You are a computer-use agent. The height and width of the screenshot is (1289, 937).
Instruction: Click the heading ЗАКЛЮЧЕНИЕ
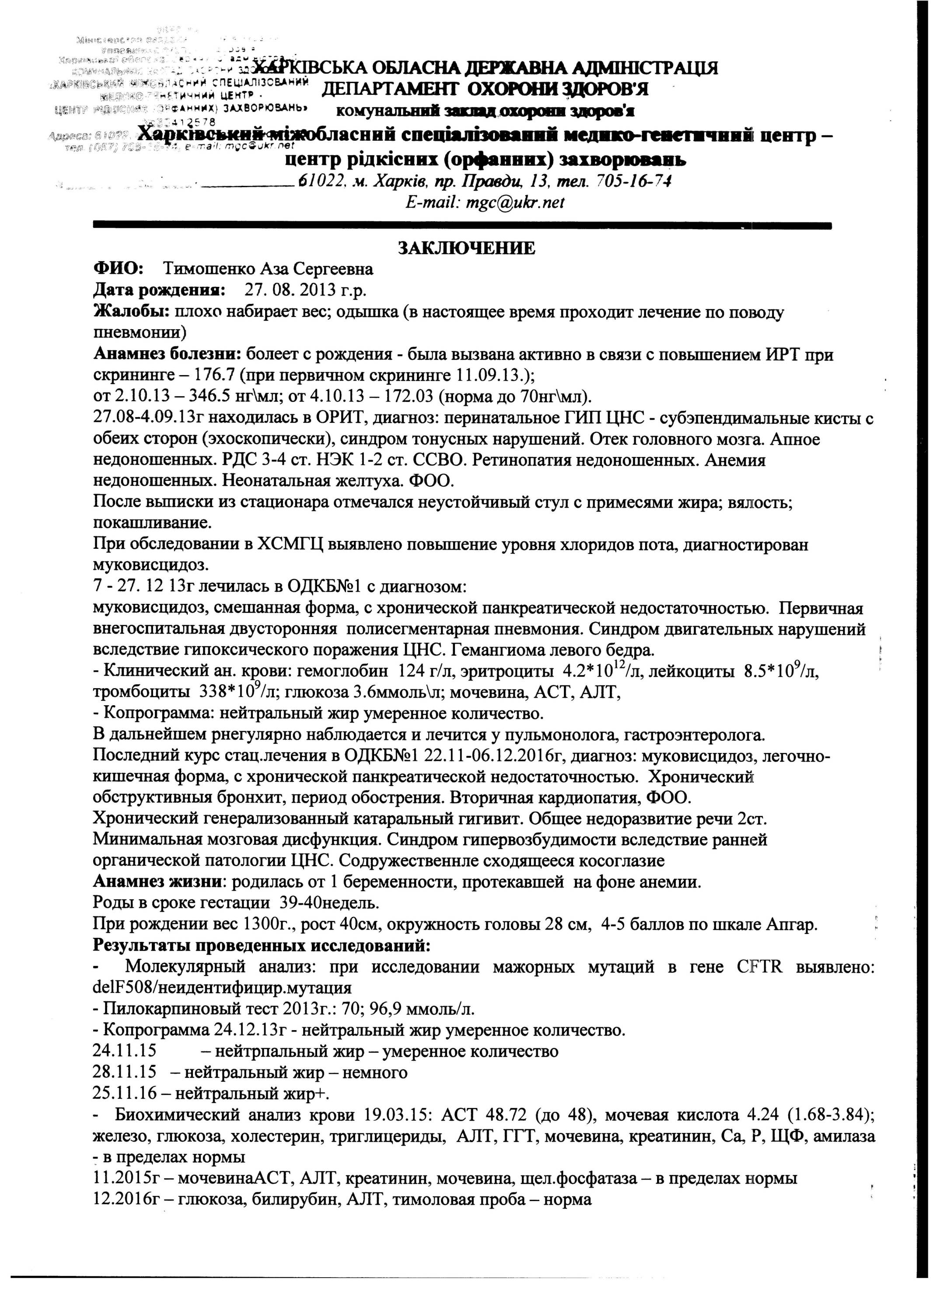pos(466,248)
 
